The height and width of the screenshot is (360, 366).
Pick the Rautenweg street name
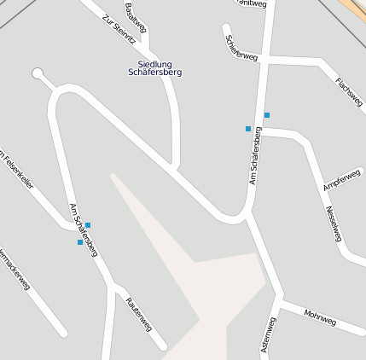(138, 314)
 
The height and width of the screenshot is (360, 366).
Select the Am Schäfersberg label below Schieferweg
(254, 155)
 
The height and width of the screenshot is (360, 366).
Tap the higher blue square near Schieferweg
(267, 115)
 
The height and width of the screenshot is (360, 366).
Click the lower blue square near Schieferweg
(248, 129)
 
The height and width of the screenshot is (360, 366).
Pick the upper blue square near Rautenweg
(88, 225)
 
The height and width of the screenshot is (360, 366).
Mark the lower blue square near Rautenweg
(80, 242)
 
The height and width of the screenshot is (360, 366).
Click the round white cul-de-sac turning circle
(38, 74)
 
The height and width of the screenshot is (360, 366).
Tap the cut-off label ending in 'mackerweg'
(15, 270)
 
